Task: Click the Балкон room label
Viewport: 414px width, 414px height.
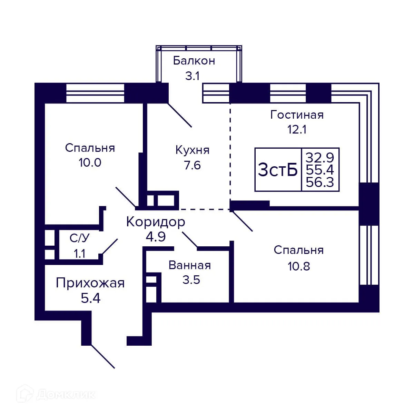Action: pyautogui.click(x=194, y=61)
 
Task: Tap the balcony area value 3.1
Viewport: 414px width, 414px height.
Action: pyautogui.click(x=193, y=76)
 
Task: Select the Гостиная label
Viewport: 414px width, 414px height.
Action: pyautogui.click(x=297, y=115)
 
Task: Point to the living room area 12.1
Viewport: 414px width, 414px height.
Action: pyautogui.click(x=297, y=130)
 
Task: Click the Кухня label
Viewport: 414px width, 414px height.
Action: pyautogui.click(x=192, y=150)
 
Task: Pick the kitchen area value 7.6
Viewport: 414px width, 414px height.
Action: pyautogui.click(x=192, y=166)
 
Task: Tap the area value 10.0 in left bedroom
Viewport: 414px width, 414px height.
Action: pyautogui.click(x=90, y=162)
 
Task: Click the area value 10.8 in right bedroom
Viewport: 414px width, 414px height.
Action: pyautogui.click(x=298, y=266)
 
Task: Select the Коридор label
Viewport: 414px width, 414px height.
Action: pyautogui.click(x=156, y=222)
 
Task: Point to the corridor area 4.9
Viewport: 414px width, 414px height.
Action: pyautogui.click(x=156, y=237)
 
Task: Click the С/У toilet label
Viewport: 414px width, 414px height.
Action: pyautogui.click(x=80, y=238)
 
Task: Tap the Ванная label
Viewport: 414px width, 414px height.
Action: pyautogui.click(x=189, y=265)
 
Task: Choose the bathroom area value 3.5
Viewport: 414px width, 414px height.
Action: pyautogui.click(x=191, y=280)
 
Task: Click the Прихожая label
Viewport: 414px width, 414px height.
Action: pyautogui.click(x=90, y=283)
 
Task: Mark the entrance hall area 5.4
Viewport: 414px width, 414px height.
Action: pyautogui.click(x=90, y=298)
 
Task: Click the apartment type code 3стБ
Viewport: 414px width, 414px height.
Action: pyautogui.click(x=278, y=170)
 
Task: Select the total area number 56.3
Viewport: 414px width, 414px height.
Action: pyautogui.click(x=320, y=182)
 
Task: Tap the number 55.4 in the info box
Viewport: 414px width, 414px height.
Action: pyautogui.click(x=320, y=170)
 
